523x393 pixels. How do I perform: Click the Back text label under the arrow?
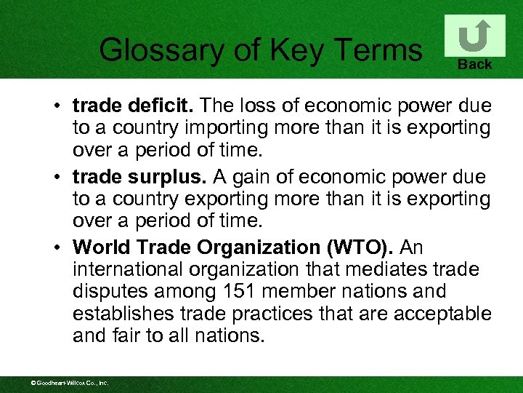pos(475,65)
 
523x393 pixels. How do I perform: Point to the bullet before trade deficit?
pos(56,107)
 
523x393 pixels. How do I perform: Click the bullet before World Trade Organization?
pos(56,248)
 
